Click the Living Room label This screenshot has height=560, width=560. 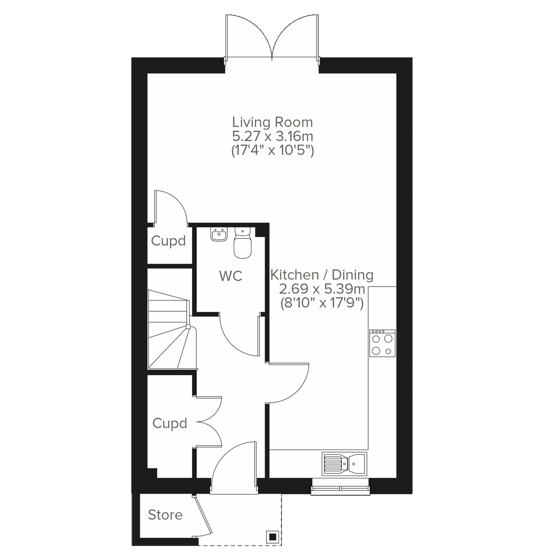point(273,123)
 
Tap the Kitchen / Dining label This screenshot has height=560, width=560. point(322,275)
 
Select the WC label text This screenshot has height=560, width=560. point(231,276)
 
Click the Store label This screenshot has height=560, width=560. point(165,515)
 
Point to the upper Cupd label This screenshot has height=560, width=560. point(168,241)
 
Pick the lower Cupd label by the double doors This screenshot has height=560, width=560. point(170,424)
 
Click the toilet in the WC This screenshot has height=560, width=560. point(242,244)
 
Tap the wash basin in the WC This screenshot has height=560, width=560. point(218,234)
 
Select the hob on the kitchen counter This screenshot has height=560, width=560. point(382,343)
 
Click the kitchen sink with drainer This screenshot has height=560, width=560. point(344,463)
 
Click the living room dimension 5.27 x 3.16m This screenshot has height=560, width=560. point(273,137)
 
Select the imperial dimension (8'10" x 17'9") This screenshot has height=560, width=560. point(322,303)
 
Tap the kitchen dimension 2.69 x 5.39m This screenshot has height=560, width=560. point(322,289)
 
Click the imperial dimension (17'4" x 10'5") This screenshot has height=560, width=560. point(273,151)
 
